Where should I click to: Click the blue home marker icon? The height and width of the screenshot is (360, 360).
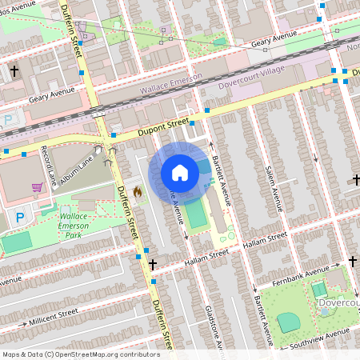(180, 172)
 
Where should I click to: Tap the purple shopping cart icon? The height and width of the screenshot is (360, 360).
(37, 187)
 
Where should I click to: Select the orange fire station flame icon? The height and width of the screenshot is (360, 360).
(138, 192)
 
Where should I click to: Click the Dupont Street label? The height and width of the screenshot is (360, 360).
(157, 125)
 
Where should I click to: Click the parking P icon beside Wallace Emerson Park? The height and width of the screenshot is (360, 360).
(20, 217)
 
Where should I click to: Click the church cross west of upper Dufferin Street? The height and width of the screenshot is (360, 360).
(14, 71)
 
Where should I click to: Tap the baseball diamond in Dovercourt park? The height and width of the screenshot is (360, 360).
(289, 322)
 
